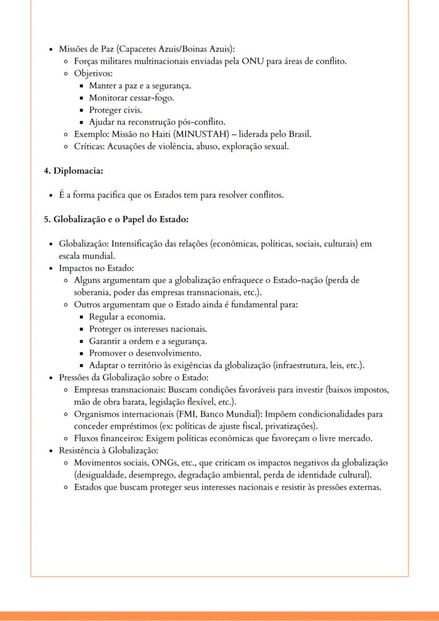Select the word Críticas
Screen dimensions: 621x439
click(x=90, y=146)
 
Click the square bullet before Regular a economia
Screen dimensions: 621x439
click(x=82, y=317)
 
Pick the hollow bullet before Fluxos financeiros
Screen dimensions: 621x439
click(x=65, y=439)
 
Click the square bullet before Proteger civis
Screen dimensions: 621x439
click(x=82, y=110)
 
